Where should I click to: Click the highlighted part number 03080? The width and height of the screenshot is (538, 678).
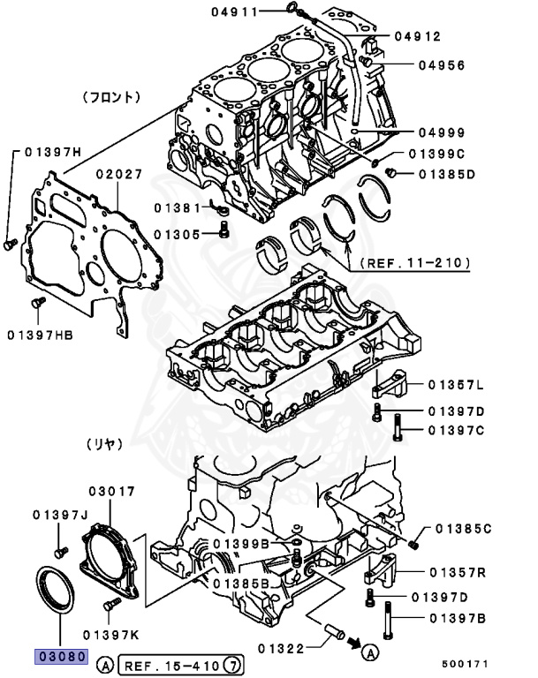[60, 656]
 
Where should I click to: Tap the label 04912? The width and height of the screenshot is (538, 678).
[417, 36]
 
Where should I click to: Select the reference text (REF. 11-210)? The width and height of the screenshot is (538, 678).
[413, 262]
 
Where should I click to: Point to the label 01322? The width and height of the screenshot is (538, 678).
[282, 649]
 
